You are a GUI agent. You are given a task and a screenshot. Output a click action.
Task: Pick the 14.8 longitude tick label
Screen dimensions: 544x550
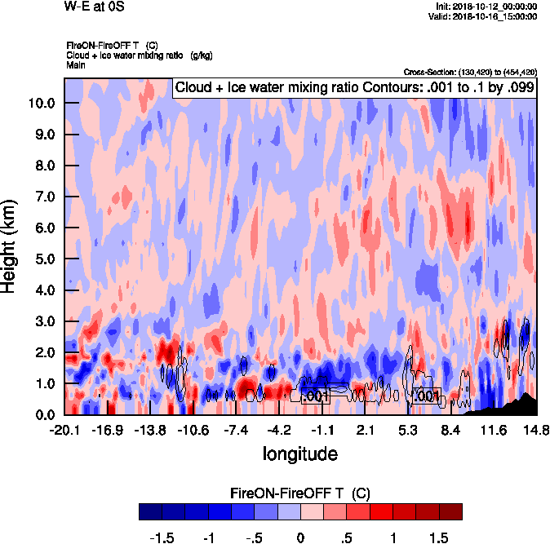pyautogui.click(x=536, y=430)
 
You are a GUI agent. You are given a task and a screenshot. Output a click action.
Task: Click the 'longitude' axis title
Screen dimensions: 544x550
pyautogui.click(x=300, y=453)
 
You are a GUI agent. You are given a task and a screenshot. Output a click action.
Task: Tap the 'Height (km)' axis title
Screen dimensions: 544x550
pyautogui.click(x=11, y=245)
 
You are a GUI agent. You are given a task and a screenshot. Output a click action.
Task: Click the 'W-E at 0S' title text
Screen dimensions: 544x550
pyautogui.click(x=95, y=7)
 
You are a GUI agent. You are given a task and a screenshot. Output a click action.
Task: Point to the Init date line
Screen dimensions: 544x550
pyautogui.click(x=487, y=6)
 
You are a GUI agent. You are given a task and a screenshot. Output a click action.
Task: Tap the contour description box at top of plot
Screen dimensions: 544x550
pyautogui.click(x=355, y=87)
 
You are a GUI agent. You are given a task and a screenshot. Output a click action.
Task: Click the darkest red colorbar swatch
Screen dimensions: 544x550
pyautogui.click(x=450, y=511)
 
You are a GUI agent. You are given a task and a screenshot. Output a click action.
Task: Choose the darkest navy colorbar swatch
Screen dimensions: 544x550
pyautogui.click(x=150, y=511)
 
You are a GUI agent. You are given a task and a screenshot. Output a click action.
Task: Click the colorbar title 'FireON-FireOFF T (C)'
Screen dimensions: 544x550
pyautogui.click(x=300, y=493)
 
